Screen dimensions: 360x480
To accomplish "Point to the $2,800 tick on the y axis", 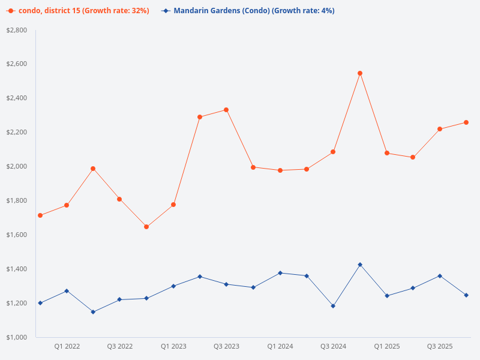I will (16, 30).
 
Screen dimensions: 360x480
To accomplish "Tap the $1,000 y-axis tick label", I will (16, 337).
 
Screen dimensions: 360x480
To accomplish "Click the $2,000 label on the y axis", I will (16, 166).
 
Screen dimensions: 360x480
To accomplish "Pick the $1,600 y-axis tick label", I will (16, 235).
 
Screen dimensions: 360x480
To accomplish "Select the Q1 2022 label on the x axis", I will (67, 346).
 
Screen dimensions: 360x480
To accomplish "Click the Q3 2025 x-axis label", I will (440, 346).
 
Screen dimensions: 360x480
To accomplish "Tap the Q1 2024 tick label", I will (280, 346).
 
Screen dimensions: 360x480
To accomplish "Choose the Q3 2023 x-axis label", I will (226, 346).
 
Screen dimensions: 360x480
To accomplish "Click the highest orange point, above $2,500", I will (360, 73).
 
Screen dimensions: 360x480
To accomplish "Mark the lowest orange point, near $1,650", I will (146, 227).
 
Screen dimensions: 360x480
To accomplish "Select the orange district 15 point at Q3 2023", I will (226, 110).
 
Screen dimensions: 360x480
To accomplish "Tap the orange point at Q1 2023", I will (173, 205).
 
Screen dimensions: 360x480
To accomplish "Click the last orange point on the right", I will (466, 122).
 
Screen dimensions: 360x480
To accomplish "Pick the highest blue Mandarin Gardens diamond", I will (360, 265).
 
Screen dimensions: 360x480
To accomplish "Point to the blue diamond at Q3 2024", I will (333, 306).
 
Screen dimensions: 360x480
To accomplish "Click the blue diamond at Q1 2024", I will (280, 273).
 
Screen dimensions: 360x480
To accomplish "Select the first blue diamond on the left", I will (40, 303).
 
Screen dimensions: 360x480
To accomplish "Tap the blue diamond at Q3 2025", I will (440, 276).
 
